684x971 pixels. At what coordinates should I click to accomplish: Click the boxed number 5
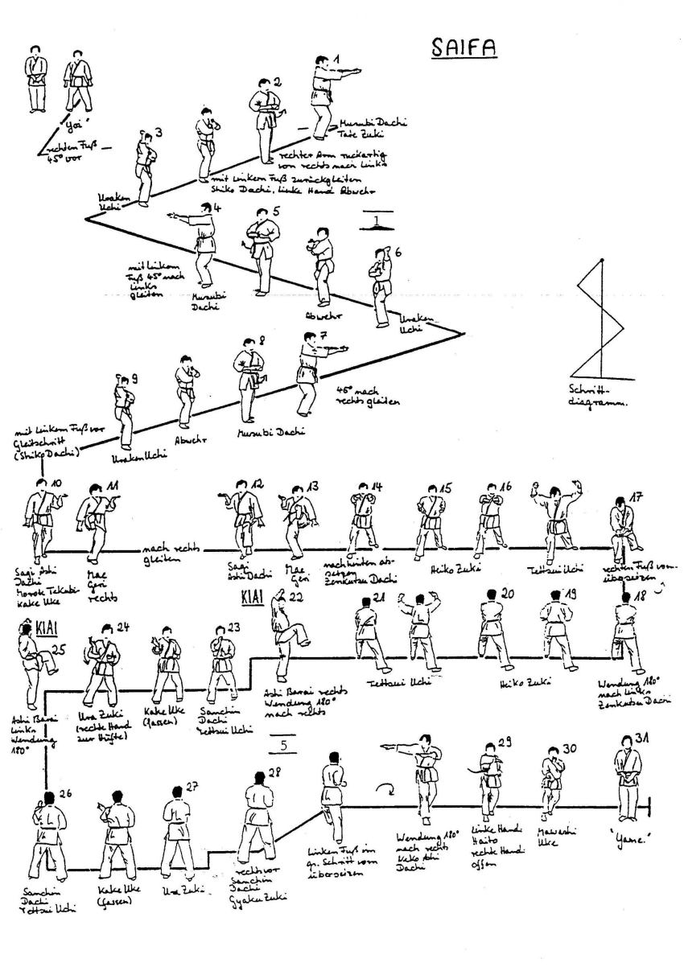click(x=283, y=745)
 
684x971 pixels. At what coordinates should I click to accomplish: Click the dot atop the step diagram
click(x=603, y=260)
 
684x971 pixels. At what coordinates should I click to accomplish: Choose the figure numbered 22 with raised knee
click(x=286, y=636)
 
